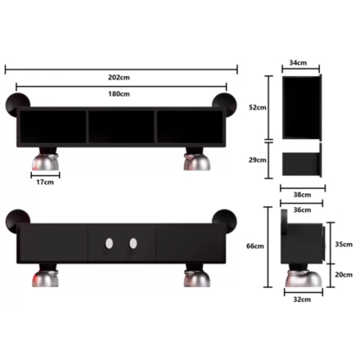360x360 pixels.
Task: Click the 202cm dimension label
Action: coord(119,78)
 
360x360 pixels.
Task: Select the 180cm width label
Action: coord(119,94)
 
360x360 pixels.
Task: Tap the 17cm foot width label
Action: coord(45,182)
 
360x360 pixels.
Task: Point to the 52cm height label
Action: coord(258,107)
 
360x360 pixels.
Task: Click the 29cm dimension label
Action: coord(258,160)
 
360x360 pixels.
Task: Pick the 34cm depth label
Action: coord(298,63)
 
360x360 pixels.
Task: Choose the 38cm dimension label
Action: coord(302,195)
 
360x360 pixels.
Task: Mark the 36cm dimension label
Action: coord(302,210)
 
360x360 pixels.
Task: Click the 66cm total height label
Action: coord(255,246)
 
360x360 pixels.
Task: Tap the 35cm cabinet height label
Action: coord(344,245)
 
